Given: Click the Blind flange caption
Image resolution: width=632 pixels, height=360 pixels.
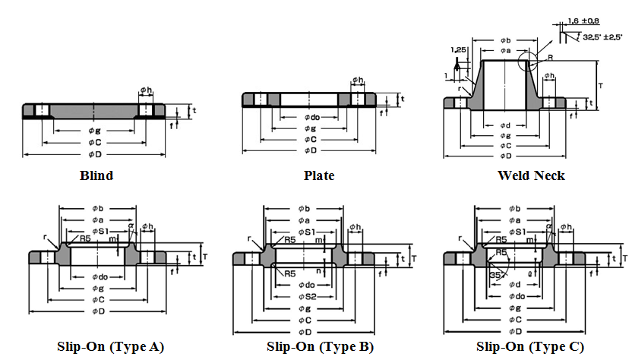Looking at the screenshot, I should (x=96, y=175).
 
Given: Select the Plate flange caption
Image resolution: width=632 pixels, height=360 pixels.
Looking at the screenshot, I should (x=319, y=175).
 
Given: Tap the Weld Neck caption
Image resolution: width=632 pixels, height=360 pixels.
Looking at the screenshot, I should (x=531, y=175).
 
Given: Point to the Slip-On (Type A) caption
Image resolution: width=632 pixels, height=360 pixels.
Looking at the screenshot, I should (x=110, y=347).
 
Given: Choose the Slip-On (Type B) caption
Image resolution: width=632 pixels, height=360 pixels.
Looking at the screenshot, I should (x=320, y=347).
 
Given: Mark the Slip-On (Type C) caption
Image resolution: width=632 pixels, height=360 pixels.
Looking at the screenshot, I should (x=530, y=347).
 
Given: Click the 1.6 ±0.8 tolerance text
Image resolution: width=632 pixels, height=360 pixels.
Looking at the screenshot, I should (x=583, y=21).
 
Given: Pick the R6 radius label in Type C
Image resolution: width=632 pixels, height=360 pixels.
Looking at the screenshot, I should (x=501, y=251).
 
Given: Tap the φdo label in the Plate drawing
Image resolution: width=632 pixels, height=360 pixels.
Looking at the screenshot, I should (x=311, y=117).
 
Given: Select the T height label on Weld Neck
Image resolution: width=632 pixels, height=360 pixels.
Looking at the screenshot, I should (x=600, y=86).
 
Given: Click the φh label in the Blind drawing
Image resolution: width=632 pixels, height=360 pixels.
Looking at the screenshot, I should (x=146, y=91).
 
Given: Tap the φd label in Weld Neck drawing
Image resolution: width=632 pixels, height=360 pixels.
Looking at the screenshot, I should (x=504, y=125).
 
